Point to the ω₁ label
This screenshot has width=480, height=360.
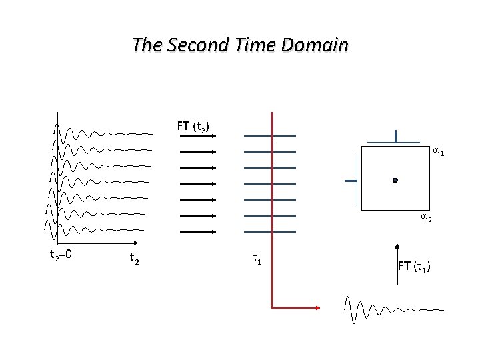tap(439, 153)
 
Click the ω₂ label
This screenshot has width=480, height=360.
tap(425, 218)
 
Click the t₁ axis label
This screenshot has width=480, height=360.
tap(257, 257)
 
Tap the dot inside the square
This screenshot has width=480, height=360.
tap(395, 180)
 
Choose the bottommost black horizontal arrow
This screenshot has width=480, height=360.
tap(197, 231)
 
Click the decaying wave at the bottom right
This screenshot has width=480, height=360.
tap(393, 309)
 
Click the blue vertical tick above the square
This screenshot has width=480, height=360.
tap(396, 136)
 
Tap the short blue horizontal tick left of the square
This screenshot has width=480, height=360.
tap(351, 181)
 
